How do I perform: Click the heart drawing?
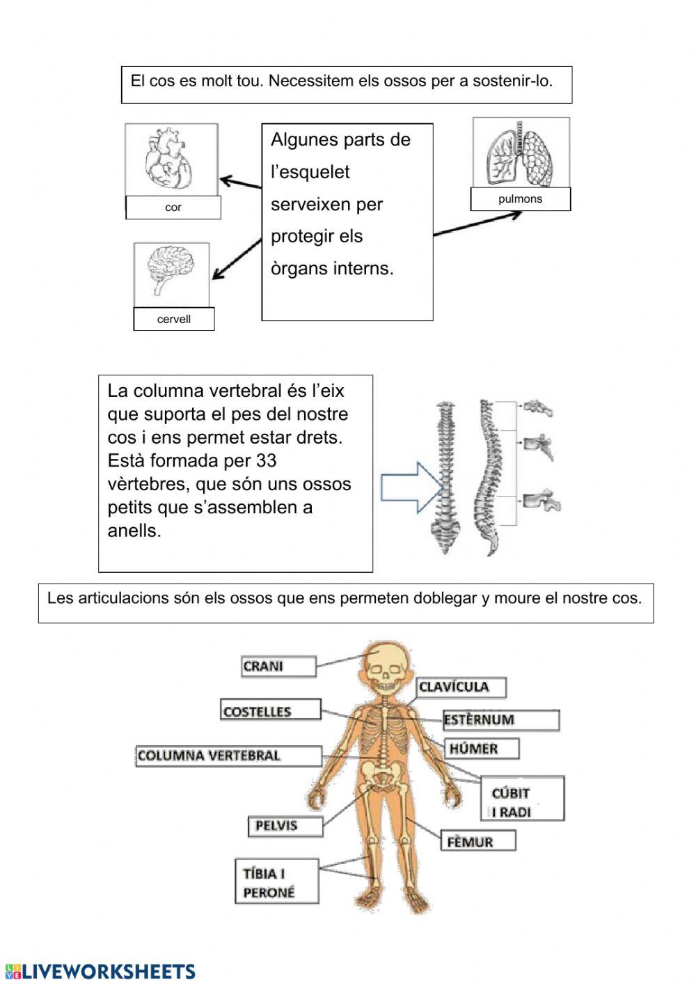(168, 159)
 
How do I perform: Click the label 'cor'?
(173, 208)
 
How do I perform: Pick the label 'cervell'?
(174, 320)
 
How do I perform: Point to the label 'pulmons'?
(520, 199)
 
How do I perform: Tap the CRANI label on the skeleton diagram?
(278, 666)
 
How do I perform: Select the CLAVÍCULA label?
(461, 687)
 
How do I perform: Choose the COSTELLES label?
(271, 710)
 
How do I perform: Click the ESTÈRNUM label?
(500, 720)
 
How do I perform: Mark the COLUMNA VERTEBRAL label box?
(228, 756)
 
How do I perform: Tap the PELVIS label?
(285, 827)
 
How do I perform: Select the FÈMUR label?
(477, 841)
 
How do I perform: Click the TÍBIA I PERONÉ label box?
(277, 882)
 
